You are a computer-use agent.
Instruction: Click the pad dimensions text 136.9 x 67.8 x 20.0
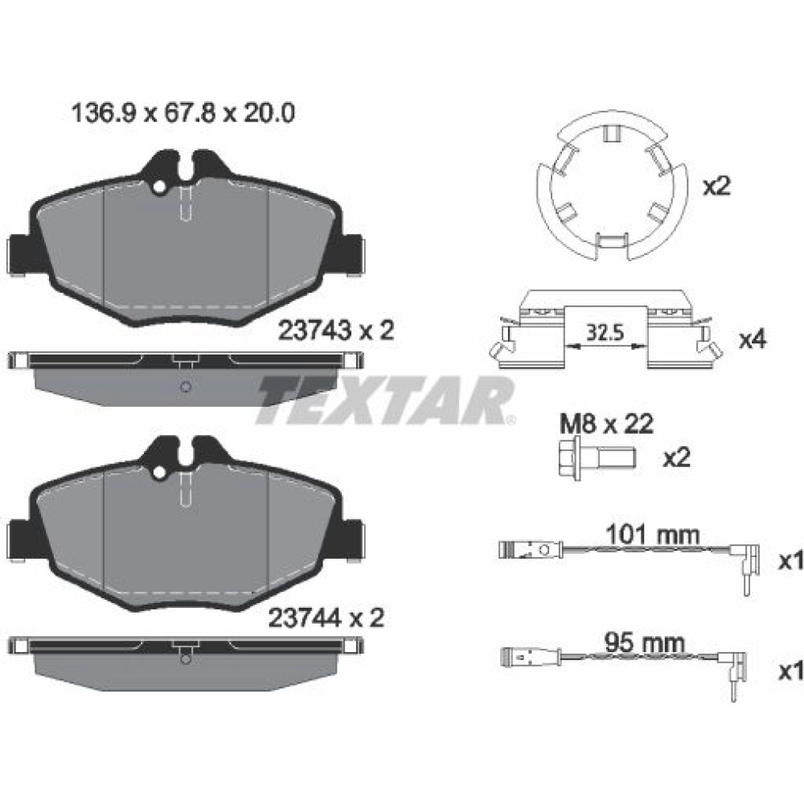(183, 114)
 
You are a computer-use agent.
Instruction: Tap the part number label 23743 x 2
(336, 330)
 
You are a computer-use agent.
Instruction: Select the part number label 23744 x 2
(326, 617)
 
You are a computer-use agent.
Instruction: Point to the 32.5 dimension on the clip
(605, 334)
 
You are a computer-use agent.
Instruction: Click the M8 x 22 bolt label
(606, 424)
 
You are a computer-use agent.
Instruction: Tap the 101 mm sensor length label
(652, 535)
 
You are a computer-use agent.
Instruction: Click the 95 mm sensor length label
(644, 643)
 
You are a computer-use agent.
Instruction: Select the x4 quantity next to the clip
(753, 339)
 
